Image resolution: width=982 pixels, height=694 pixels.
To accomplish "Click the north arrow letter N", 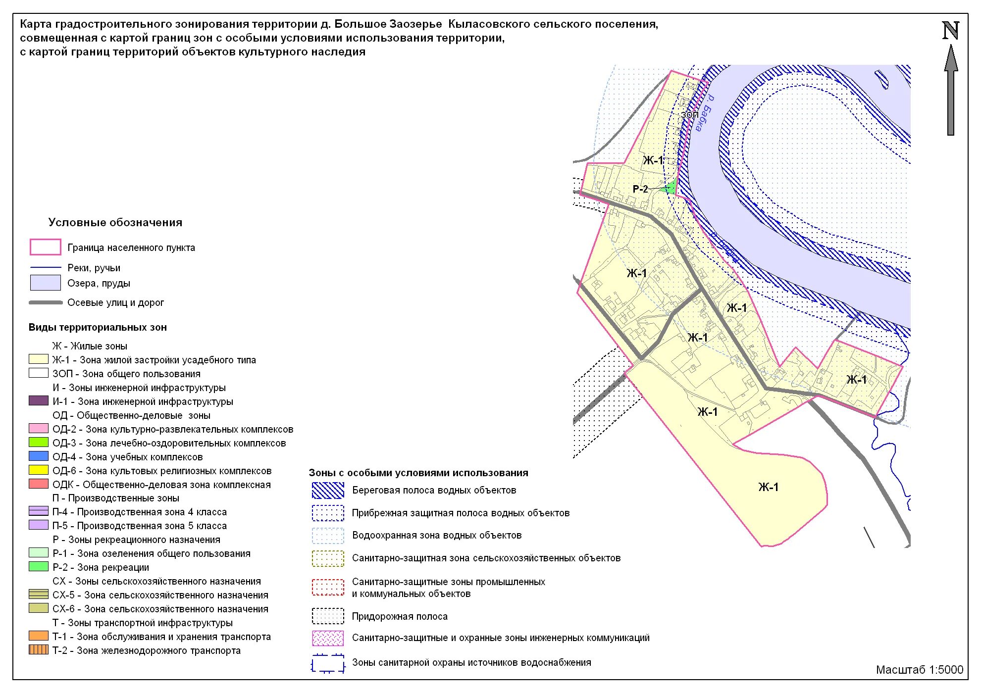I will [950, 31].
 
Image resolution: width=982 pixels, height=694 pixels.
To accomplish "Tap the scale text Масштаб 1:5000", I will [919, 670].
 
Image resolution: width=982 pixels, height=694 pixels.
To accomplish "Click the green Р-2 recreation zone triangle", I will [671, 188].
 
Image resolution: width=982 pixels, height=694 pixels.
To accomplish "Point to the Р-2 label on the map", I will [640, 189].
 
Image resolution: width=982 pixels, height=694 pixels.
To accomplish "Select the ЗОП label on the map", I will [689, 115].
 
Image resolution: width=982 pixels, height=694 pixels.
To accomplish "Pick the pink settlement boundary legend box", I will [45, 247].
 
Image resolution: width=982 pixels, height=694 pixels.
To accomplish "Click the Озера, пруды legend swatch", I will [45, 283].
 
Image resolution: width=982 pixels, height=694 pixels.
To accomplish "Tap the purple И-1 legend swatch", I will [39, 401].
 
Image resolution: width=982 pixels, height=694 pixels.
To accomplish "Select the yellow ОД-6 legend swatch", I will [39, 470].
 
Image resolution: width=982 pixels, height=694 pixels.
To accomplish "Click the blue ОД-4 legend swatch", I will [39, 456].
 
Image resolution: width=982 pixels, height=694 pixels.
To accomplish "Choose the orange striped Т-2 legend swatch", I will [39, 650].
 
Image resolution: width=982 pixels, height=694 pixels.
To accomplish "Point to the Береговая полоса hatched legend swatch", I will [328, 490].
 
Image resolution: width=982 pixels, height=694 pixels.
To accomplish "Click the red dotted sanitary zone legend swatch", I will [328, 587].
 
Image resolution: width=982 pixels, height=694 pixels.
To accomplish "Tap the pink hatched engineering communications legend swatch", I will [328, 638].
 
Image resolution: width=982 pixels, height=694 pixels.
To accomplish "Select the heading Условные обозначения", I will [115, 223].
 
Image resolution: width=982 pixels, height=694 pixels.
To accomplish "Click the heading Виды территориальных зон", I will [98, 327].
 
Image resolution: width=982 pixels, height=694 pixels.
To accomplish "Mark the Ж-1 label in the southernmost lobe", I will [768, 487].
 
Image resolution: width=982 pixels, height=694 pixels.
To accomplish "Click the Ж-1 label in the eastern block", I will [856, 380].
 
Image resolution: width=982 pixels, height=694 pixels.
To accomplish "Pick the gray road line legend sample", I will [46, 302].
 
